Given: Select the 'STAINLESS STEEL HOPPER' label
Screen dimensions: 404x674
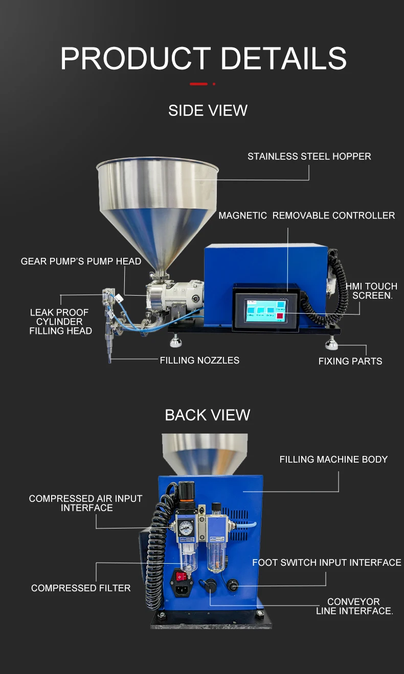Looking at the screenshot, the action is tap(309, 156).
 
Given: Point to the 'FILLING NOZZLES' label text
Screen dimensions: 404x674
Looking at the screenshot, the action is tap(199, 360).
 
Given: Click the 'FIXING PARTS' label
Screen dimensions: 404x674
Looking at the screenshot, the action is tap(350, 361).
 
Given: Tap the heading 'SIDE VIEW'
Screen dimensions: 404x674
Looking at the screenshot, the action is tap(208, 110).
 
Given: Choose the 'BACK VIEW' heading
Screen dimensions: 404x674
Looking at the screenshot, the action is tap(207, 415).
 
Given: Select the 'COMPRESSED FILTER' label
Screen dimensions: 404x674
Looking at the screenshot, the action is tap(81, 588).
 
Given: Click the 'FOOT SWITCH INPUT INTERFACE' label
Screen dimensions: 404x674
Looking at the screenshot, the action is tap(326, 563).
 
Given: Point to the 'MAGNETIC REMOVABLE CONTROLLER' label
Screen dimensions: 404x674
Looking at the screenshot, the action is tap(306, 215).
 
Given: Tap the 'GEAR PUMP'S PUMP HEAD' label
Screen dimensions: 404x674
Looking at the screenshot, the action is tap(81, 261).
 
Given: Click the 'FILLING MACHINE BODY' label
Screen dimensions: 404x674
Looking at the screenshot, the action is tap(333, 460).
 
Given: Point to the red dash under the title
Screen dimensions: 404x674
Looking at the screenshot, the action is tap(198, 84).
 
